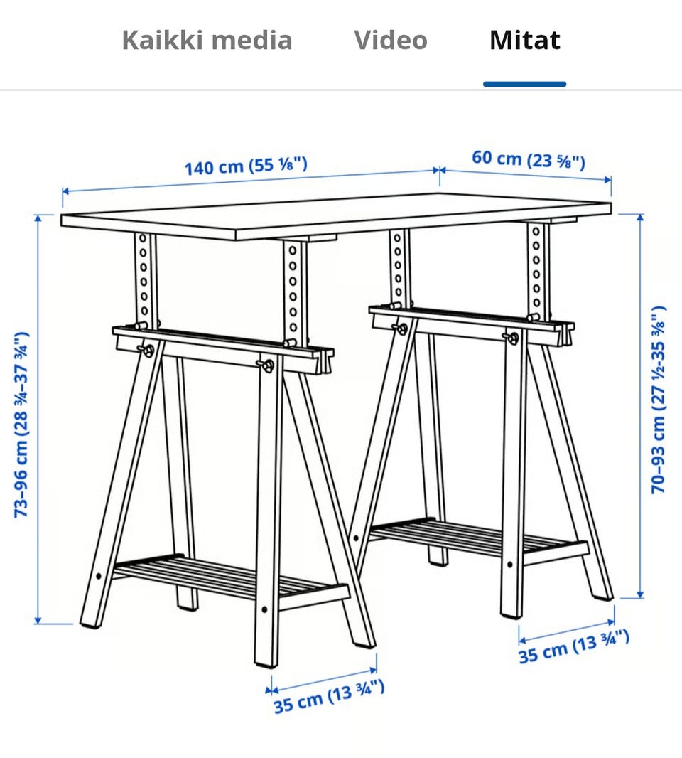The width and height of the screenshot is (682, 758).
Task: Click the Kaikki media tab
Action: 207,40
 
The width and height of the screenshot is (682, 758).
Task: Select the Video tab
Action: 391,40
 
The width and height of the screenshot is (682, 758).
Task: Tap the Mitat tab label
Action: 525,40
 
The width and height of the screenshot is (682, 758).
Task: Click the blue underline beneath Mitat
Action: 524,84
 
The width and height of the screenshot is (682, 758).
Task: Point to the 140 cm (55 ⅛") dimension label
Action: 246,166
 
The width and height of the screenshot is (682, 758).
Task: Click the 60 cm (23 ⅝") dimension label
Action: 529,159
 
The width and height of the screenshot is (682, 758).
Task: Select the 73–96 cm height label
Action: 22,425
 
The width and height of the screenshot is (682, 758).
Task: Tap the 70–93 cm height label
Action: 659,400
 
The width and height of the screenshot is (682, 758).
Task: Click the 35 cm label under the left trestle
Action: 330,695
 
